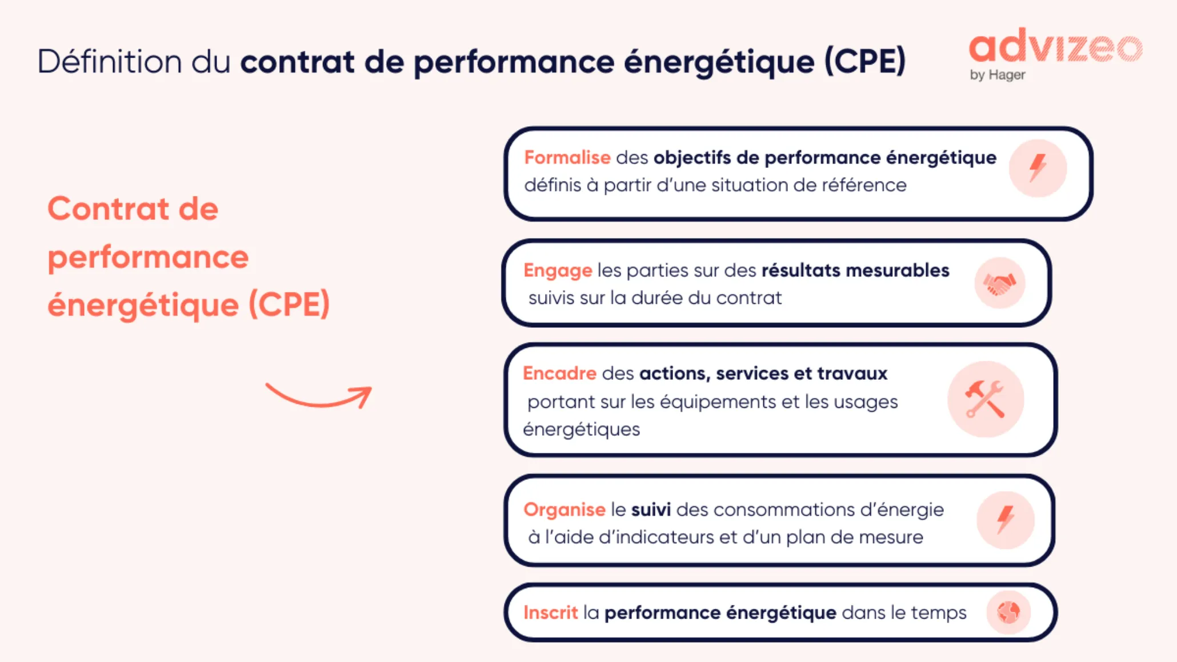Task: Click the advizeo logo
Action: pyautogui.click(x=1055, y=47)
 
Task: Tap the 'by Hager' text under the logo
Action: pyautogui.click(x=997, y=75)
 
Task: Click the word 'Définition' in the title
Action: pyautogui.click(x=109, y=62)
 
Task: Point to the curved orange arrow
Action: pyautogui.click(x=319, y=396)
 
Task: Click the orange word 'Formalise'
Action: pyautogui.click(x=567, y=158)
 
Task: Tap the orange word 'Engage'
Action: pyautogui.click(x=558, y=270)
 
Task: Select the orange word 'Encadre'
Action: pyautogui.click(x=559, y=374)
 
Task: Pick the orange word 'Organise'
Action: pyautogui.click(x=564, y=509)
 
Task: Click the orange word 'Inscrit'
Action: pyautogui.click(x=550, y=613)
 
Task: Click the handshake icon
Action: pyautogui.click(x=999, y=283)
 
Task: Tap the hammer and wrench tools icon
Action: pyautogui.click(x=985, y=399)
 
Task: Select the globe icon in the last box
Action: pyautogui.click(x=1008, y=612)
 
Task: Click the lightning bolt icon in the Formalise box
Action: pyautogui.click(x=1038, y=168)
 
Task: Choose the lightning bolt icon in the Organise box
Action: pyautogui.click(x=1005, y=520)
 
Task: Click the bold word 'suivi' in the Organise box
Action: pyautogui.click(x=651, y=509)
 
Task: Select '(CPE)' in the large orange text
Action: pyautogui.click(x=289, y=304)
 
